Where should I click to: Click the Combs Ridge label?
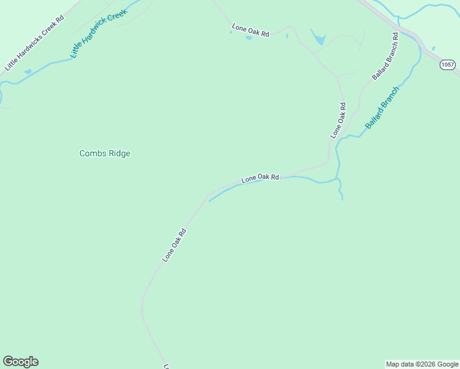(x=105, y=154)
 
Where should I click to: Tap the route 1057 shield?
(x=447, y=65)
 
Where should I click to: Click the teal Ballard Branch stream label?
(x=382, y=107)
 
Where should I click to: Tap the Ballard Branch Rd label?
(x=386, y=56)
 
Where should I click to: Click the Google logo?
(x=20, y=362)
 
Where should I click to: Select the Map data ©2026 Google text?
(x=422, y=364)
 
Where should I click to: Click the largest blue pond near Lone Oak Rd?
(x=319, y=40)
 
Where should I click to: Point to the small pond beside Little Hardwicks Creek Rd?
(x=28, y=72)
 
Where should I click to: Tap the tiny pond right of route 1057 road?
(x=434, y=48)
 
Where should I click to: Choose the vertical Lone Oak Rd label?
(x=339, y=120)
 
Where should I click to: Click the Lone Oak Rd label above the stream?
(x=260, y=178)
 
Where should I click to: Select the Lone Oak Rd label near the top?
(x=250, y=31)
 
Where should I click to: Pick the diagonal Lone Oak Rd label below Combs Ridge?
(x=174, y=245)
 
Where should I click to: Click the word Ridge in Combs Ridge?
(x=119, y=154)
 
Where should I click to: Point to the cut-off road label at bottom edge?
(x=166, y=366)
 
